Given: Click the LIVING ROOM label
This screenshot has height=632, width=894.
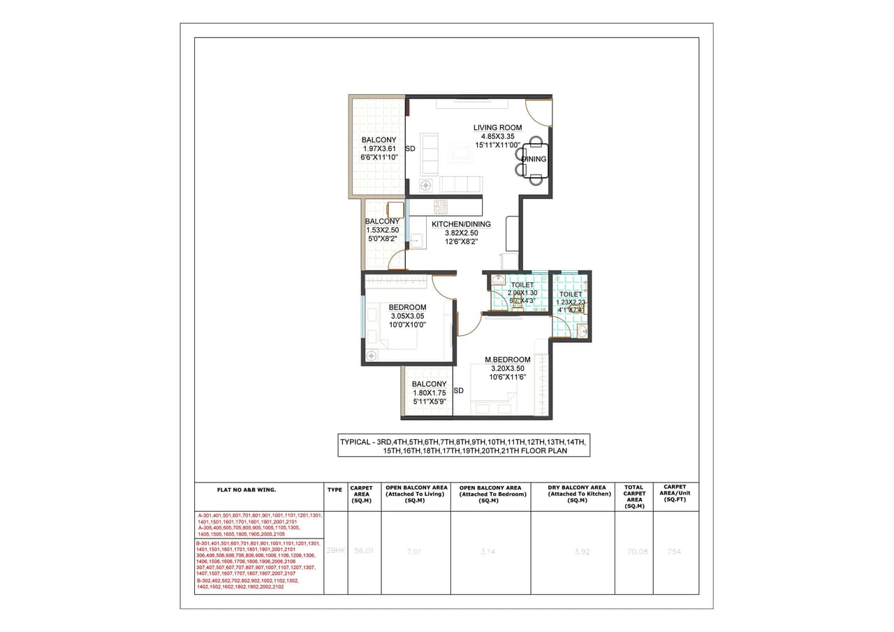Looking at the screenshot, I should pyautogui.click(x=497, y=128).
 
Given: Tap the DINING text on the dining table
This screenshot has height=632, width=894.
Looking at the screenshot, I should pyautogui.click(x=534, y=159).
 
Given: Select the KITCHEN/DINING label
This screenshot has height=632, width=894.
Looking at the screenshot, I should pyautogui.click(x=461, y=224).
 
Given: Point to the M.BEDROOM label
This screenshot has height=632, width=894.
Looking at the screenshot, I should pyautogui.click(x=508, y=360).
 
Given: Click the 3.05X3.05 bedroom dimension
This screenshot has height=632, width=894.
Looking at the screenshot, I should pyautogui.click(x=408, y=316).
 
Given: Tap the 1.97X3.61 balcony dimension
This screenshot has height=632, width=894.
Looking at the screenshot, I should pyautogui.click(x=379, y=149).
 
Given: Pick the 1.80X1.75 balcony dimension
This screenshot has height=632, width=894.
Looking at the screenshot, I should pyautogui.click(x=429, y=393).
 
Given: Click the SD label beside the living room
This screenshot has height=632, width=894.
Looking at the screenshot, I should pyautogui.click(x=411, y=149).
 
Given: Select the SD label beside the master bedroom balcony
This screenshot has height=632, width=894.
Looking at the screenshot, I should pyautogui.click(x=459, y=390).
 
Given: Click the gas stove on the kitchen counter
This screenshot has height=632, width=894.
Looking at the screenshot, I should pyautogui.click(x=441, y=207).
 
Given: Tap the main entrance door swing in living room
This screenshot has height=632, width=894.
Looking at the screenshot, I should pyautogui.click(x=538, y=112).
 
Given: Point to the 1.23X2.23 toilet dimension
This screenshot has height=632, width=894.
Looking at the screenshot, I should pyautogui.click(x=571, y=302).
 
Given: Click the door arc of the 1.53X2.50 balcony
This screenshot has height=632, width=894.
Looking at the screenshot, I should pyautogui.click(x=397, y=261).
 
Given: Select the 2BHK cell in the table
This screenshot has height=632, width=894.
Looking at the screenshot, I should pyautogui.click(x=336, y=551).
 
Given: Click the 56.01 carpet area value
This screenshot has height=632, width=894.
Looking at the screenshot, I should pyautogui.click(x=364, y=551).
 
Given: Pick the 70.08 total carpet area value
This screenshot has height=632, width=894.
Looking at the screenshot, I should pyautogui.click(x=633, y=551).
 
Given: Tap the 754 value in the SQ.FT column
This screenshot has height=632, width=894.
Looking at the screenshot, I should pyautogui.click(x=674, y=551).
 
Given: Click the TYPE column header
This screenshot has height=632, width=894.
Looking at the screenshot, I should pyautogui.click(x=335, y=490).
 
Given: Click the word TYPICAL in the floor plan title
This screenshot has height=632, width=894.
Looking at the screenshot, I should pyautogui.click(x=356, y=442).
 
